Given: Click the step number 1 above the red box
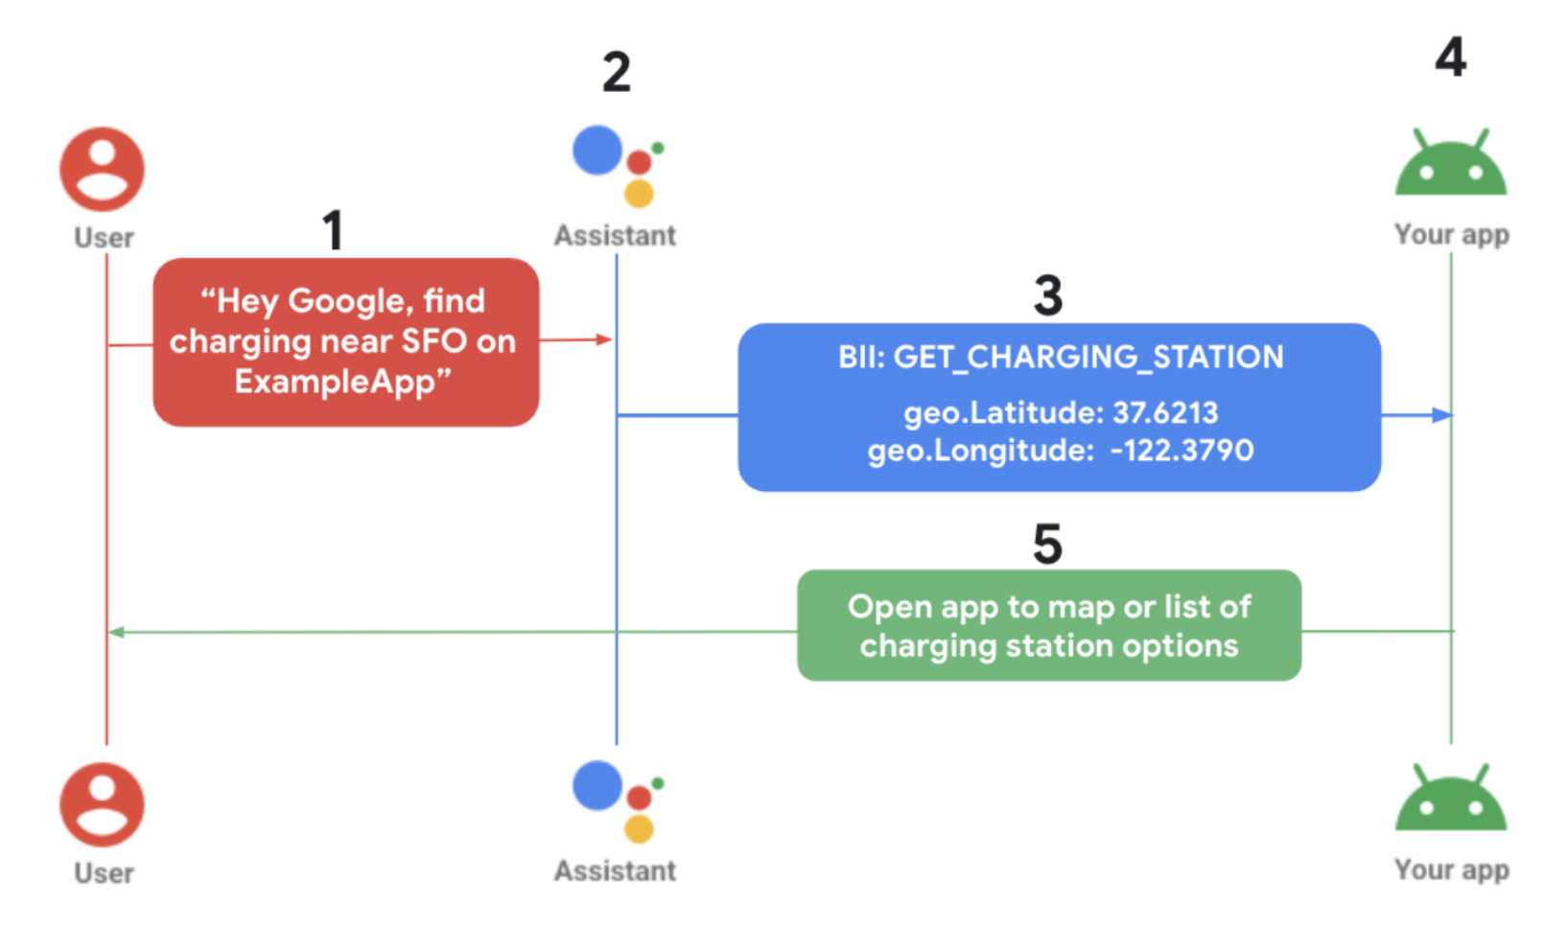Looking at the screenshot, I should tap(332, 230).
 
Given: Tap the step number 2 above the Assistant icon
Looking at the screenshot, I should tap(617, 72).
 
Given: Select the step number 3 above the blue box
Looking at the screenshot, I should tap(1048, 295).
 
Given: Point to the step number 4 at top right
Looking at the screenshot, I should tap(1450, 58).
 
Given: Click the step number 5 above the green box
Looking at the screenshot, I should tap(1047, 545).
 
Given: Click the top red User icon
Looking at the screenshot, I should tap(103, 170).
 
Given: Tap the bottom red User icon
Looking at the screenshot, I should tap(103, 805).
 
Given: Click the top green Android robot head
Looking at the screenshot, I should tap(1451, 165).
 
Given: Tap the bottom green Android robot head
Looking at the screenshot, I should tap(1451, 801).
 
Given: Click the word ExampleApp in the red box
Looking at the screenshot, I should tap(336, 382).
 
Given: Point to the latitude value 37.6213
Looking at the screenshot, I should tap(1165, 413).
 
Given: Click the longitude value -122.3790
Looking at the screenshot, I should tap(1181, 451).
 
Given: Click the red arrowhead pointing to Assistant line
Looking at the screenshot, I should tap(603, 339).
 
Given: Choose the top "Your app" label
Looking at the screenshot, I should tap(1451, 235).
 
